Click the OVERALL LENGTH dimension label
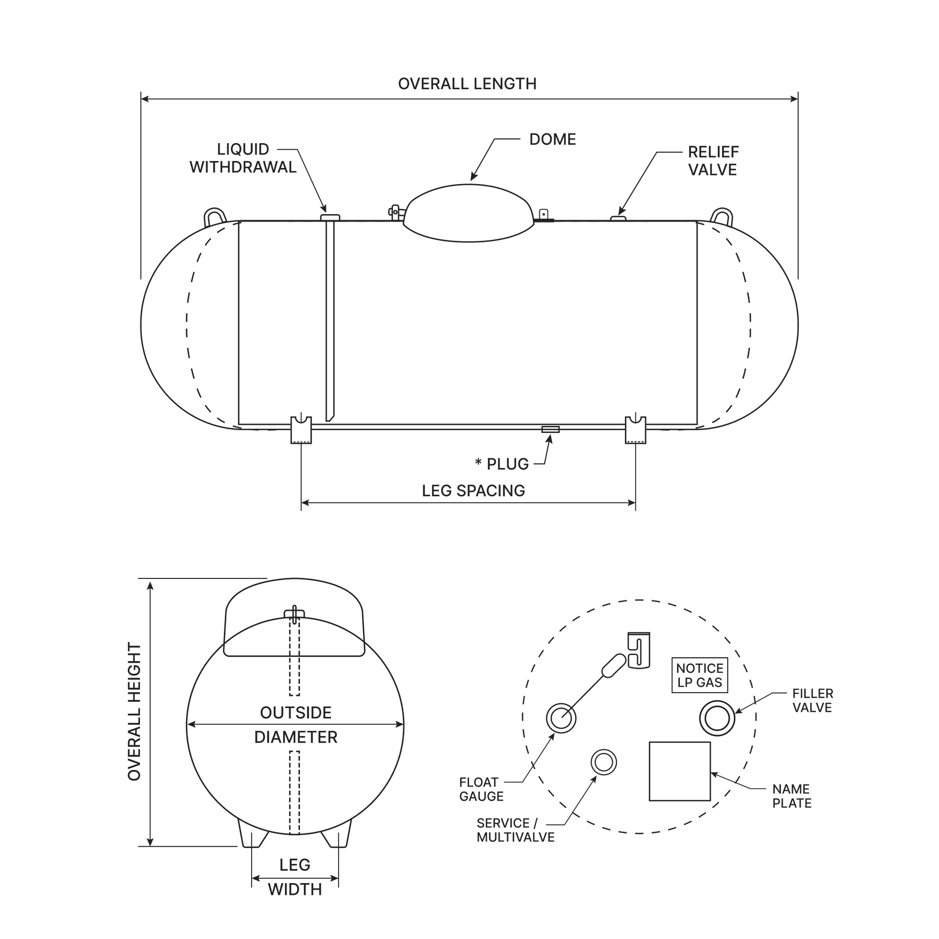(x=467, y=84)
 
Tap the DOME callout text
(x=552, y=140)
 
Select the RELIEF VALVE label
(x=713, y=161)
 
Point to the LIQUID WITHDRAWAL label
(x=243, y=158)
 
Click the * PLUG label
(x=502, y=464)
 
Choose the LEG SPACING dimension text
(x=473, y=491)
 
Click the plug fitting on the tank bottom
(x=550, y=429)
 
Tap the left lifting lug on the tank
(x=213, y=217)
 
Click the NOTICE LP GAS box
(x=700, y=676)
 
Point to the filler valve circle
(x=717, y=717)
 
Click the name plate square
(x=680, y=771)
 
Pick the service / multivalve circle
(x=604, y=762)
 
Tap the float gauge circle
(x=561, y=717)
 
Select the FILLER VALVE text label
(x=812, y=701)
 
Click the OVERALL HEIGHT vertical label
(x=135, y=711)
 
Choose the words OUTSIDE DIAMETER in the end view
(x=296, y=724)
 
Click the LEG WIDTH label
(x=295, y=877)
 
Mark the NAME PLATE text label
(x=791, y=796)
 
